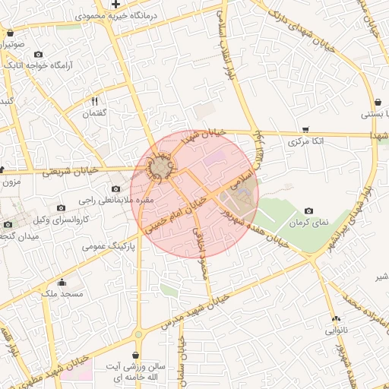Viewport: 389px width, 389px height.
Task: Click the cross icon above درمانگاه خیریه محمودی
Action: tap(115, 5)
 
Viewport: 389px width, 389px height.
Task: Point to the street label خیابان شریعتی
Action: tap(71, 171)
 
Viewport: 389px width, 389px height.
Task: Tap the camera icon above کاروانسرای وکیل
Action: tap(62, 207)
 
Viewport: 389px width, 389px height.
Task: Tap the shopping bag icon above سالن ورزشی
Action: tap(135, 355)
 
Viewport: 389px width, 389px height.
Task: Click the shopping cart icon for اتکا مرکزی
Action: tap(305, 129)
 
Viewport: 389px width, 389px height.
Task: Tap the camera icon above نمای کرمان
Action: tap(308, 210)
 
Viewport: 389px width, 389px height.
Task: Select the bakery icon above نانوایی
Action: tap(335, 319)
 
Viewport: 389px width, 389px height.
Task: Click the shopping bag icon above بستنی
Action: tap(378, 103)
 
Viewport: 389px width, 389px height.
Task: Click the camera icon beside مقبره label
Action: tap(115, 188)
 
